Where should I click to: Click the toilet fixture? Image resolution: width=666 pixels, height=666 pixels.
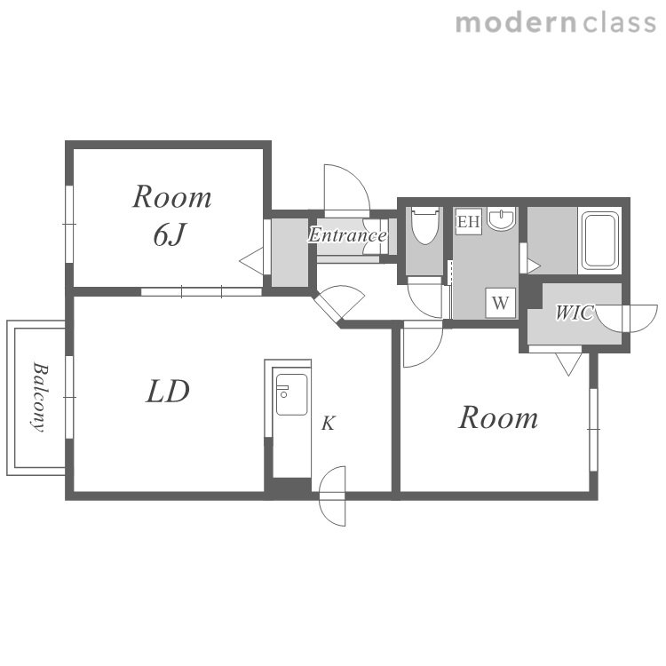pyautogui.click(x=424, y=226)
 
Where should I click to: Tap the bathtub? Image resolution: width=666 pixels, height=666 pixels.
pyautogui.click(x=599, y=241)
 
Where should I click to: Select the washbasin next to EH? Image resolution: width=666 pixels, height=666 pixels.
pyautogui.click(x=501, y=218)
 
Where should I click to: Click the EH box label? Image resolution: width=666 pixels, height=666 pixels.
pyautogui.click(x=469, y=222)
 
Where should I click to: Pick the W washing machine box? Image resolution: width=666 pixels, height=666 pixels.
pyautogui.click(x=501, y=303)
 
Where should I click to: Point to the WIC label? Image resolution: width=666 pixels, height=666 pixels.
pyautogui.click(x=574, y=313)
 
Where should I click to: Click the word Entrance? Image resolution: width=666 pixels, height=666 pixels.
pyautogui.click(x=347, y=235)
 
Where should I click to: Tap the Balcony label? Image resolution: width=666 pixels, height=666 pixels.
pyautogui.click(x=39, y=397)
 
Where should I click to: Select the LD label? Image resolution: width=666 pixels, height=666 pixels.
pyautogui.click(x=168, y=392)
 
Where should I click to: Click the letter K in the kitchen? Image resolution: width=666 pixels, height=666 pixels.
pyautogui.click(x=328, y=424)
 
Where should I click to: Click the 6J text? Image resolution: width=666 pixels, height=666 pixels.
pyautogui.click(x=169, y=234)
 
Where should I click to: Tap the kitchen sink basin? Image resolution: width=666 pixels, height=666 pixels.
pyautogui.click(x=291, y=394)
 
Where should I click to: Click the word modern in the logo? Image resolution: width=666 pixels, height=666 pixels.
pyautogui.click(x=516, y=22)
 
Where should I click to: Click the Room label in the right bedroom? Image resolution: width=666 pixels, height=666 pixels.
pyautogui.click(x=498, y=417)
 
